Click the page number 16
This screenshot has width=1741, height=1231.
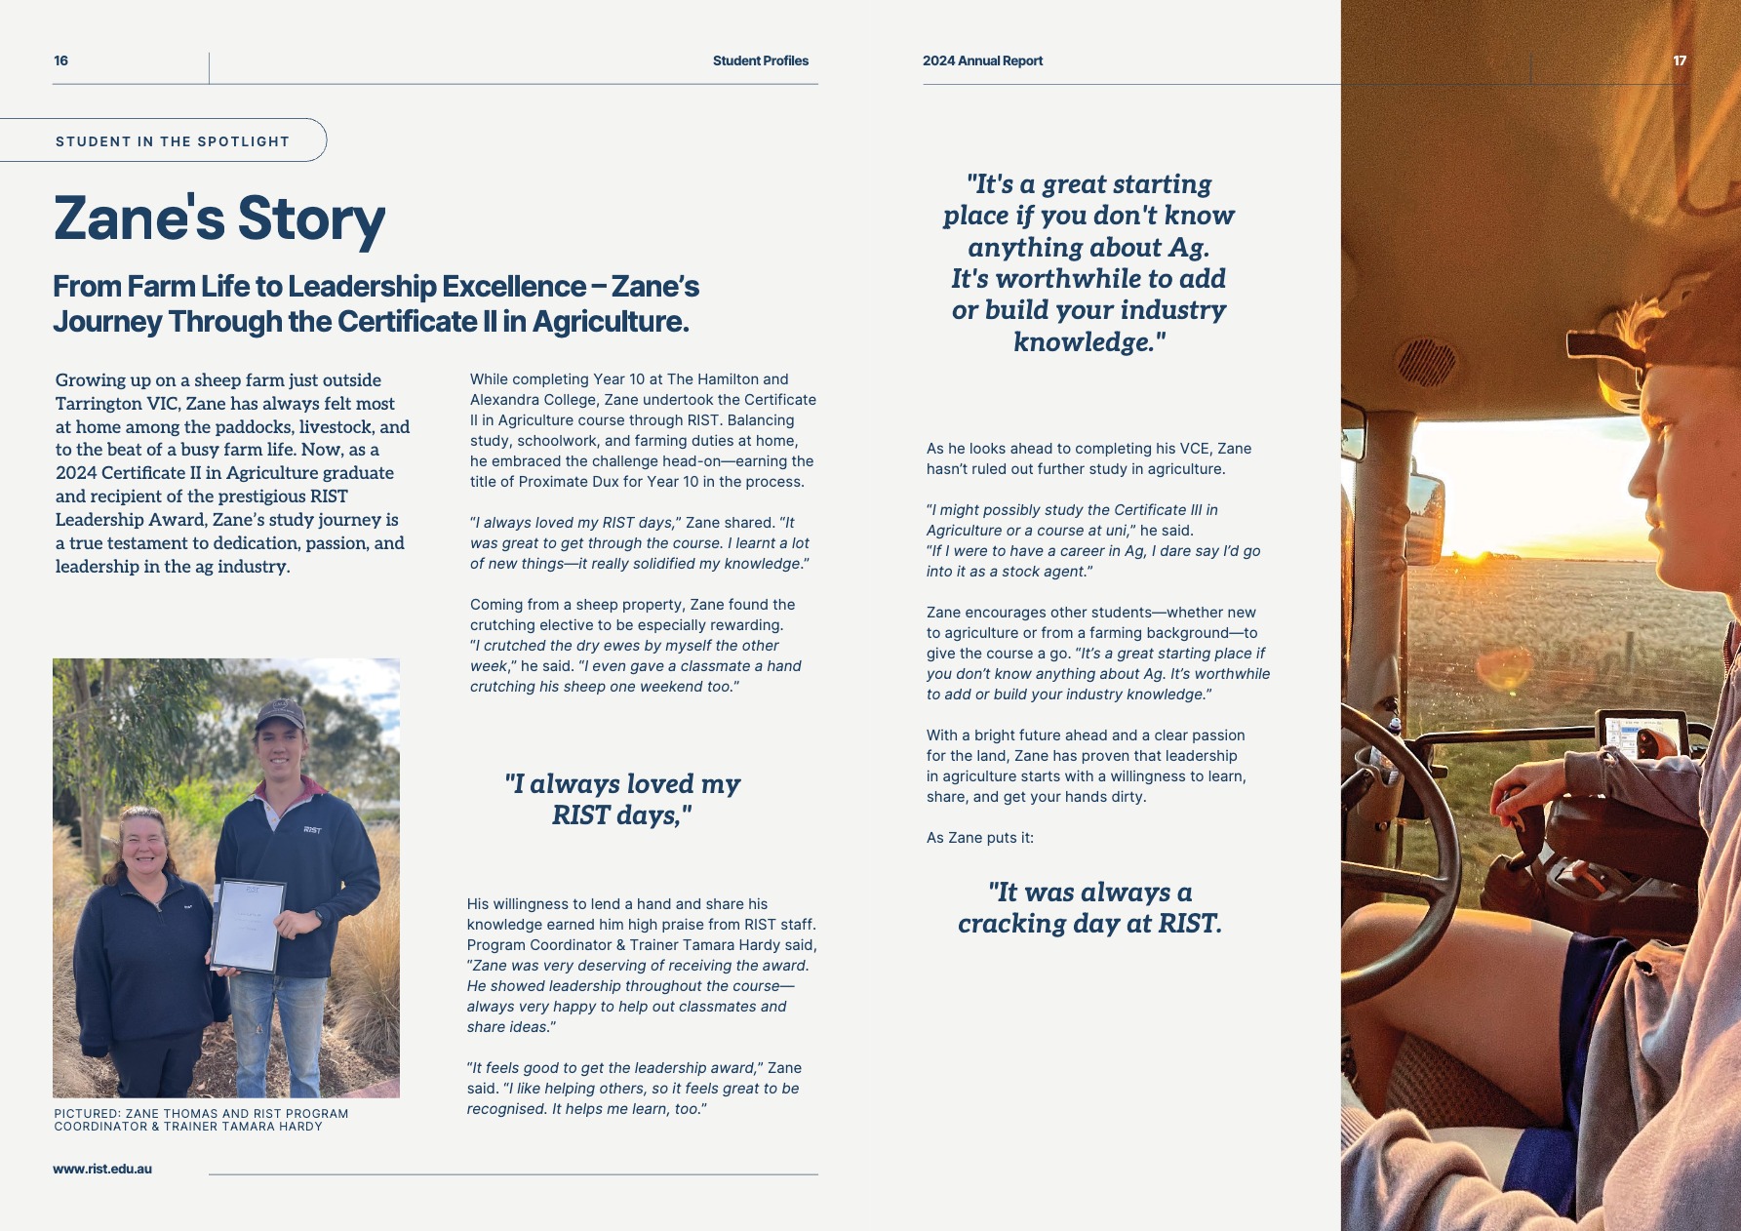click(x=60, y=60)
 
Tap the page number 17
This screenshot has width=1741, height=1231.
click(x=1680, y=60)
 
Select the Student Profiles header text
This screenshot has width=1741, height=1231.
click(x=760, y=60)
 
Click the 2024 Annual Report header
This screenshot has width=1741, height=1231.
click(x=982, y=60)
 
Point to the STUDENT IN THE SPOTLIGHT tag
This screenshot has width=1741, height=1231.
click(x=173, y=141)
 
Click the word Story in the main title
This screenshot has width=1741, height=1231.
click(x=311, y=218)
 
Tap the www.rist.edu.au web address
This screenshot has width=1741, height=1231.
click(x=102, y=1169)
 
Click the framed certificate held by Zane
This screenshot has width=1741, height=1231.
click(x=248, y=926)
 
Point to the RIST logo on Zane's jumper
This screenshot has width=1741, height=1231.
click(x=312, y=830)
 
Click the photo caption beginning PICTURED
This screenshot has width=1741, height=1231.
click(x=201, y=1120)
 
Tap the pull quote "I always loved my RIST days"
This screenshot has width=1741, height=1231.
click(x=622, y=799)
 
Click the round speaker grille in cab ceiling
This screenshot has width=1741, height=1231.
click(x=1426, y=362)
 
